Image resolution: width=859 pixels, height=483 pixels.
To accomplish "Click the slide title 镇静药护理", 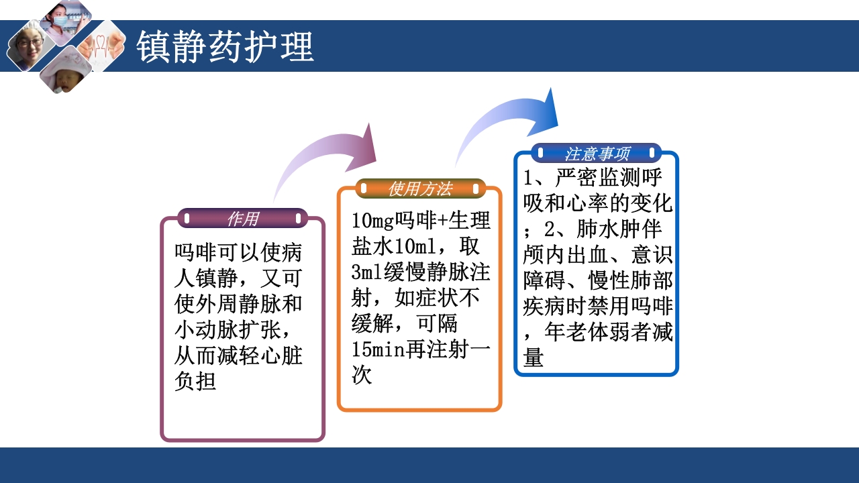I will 225,47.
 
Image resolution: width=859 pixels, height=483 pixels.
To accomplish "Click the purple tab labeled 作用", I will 242,219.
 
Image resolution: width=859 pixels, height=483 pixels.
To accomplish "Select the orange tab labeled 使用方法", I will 420,189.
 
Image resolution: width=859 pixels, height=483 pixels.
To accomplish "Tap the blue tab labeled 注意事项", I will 597,154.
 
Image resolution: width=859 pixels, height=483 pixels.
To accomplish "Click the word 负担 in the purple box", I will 195,381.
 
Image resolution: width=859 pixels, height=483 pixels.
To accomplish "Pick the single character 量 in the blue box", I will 534,357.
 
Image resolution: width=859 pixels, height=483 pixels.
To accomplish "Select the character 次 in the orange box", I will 362,374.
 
